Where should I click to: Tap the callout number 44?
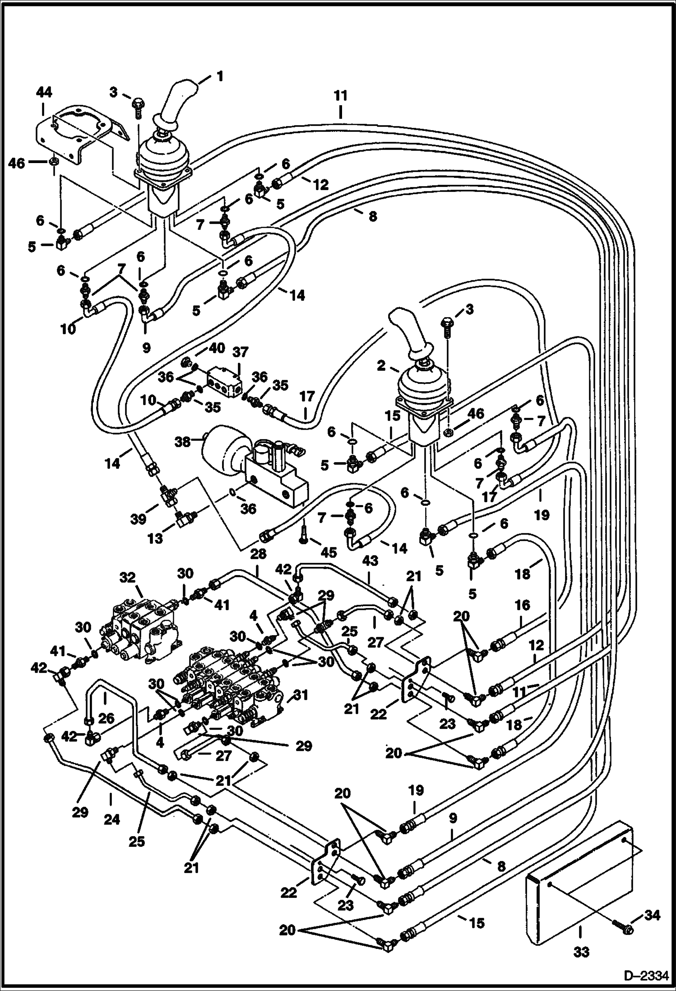(x=44, y=93)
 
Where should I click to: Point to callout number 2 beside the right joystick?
(x=382, y=365)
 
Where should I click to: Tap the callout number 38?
(x=183, y=442)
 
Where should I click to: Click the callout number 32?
(x=128, y=578)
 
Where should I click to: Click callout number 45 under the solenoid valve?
(x=329, y=552)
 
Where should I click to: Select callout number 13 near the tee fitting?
(x=155, y=538)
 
